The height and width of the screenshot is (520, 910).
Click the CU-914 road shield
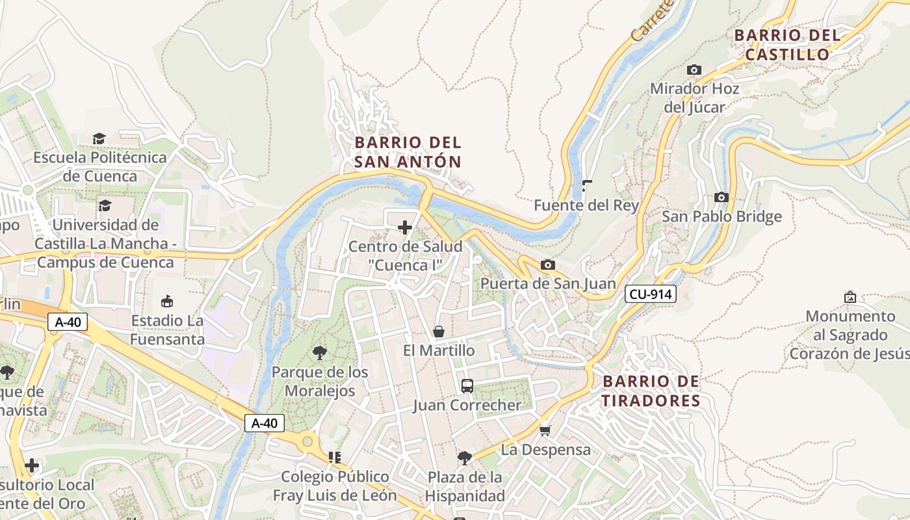pyautogui.click(x=651, y=294)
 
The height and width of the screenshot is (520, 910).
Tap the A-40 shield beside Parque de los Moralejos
pyautogui.click(x=265, y=423)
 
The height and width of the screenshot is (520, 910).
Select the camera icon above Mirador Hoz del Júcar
pyautogui.click(x=694, y=70)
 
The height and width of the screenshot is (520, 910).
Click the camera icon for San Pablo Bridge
pyautogui.click(x=721, y=197)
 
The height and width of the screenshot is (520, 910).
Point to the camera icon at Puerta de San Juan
pyautogui.click(x=548, y=265)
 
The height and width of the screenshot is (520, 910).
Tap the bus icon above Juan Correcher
pyautogui.click(x=467, y=385)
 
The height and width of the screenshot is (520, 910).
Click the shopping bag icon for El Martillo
pyautogui.click(x=439, y=331)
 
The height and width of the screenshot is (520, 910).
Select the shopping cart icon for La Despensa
pyautogui.click(x=545, y=430)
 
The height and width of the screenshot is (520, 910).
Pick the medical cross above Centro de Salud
pyautogui.click(x=405, y=227)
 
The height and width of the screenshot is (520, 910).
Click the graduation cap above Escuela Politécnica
pyautogui.click(x=99, y=138)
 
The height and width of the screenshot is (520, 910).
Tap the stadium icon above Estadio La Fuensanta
pyautogui.click(x=167, y=301)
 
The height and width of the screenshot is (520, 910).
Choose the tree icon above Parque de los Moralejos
pyautogui.click(x=319, y=353)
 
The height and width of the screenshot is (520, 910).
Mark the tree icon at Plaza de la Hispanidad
pyautogui.click(x=464, y=458)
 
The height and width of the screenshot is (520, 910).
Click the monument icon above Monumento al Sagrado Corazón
pyautogui.click(x=850, y=297)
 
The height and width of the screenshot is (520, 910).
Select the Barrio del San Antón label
pyautogui.click(x=408, y=152)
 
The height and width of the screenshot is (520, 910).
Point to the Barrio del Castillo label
pyautogui.click(x=787, y=45)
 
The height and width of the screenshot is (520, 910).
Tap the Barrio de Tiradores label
pyautogui.click(x=651, y=391)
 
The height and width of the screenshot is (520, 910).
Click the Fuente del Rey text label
pyautogui.click(x=586, y=205)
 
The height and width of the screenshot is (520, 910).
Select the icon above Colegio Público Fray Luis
pyautogui.click(x=335, y=458)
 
